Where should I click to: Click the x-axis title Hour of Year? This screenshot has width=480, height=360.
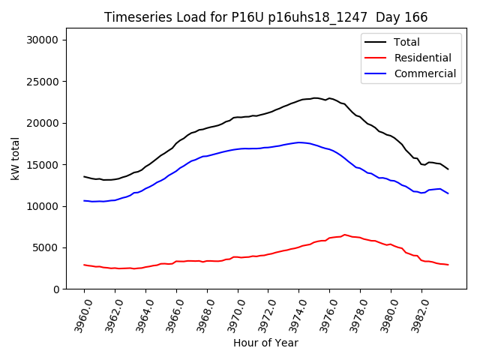(265, 343)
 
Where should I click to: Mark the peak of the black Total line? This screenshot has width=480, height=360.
(316, 97)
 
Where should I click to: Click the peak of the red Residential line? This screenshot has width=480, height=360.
(345, 234)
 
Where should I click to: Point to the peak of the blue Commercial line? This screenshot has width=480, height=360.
(299, 142)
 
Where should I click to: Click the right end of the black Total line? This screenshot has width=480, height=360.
(448, 169)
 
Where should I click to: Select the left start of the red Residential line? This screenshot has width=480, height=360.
(84, 265)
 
